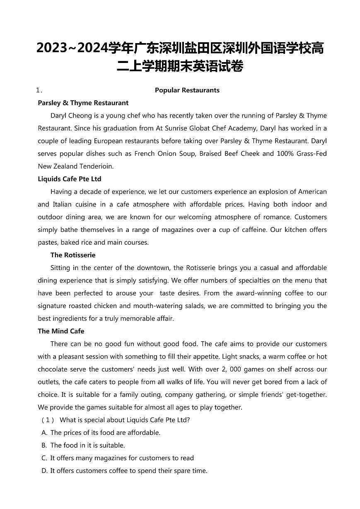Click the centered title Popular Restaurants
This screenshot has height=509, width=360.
[187, 90]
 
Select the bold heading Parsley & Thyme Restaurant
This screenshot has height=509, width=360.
[83, 103]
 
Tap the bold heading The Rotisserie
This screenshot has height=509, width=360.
[73, 255]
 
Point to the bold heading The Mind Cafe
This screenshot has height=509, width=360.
[61, 331]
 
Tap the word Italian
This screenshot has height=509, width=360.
[64, 205]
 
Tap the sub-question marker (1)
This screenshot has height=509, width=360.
[48, 420]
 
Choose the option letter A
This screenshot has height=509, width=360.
[44, 433]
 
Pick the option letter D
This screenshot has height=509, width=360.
[44, 471]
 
